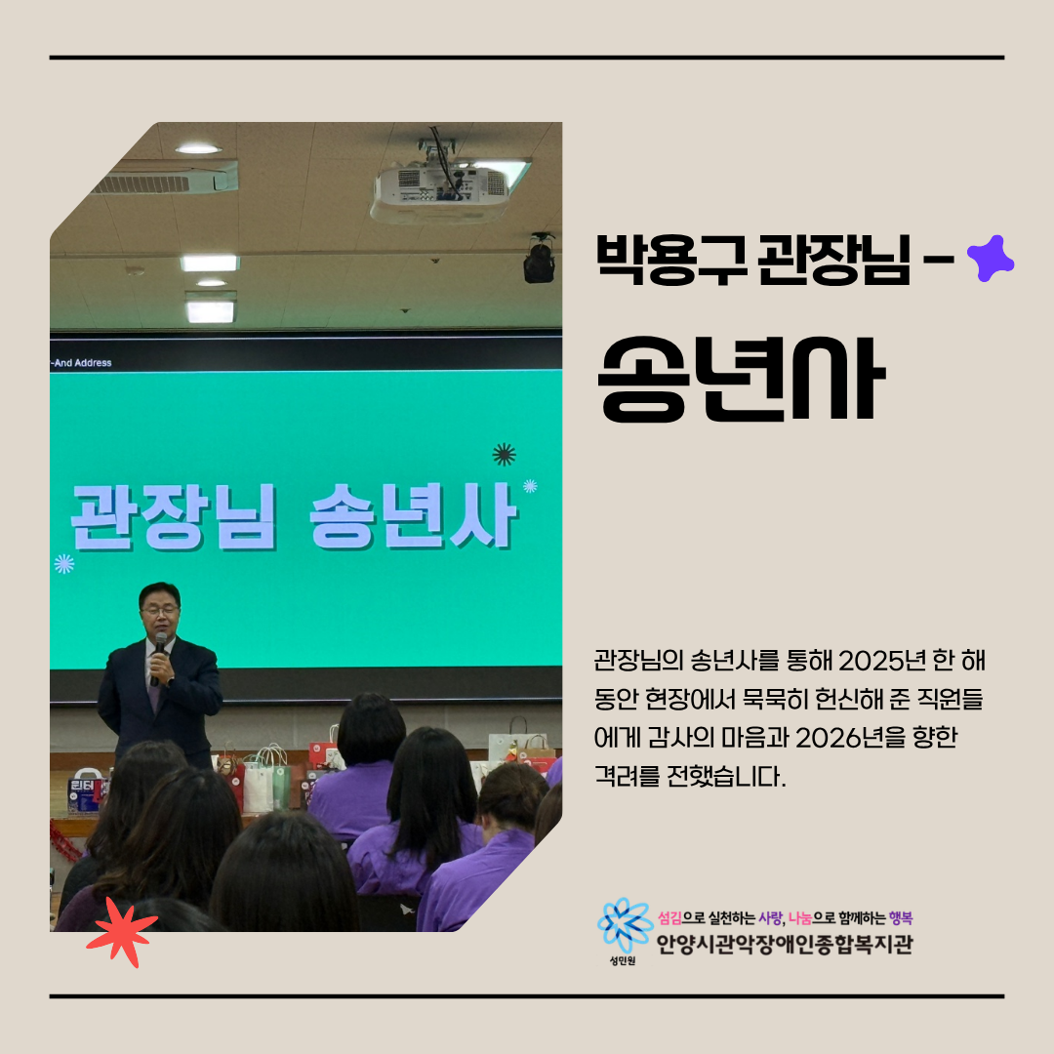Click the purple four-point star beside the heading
991,258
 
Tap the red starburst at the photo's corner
122,932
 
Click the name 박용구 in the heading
671,259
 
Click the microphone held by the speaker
159,655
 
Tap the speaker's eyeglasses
159,610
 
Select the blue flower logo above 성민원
625,925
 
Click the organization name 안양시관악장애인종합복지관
785,945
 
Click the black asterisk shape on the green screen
505,455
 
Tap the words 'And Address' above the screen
83,363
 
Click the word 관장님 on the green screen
174,516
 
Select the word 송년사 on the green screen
413,516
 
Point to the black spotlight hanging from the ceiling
539,259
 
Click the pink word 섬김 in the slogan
669,917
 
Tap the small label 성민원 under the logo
623,961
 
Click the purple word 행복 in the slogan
901,917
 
